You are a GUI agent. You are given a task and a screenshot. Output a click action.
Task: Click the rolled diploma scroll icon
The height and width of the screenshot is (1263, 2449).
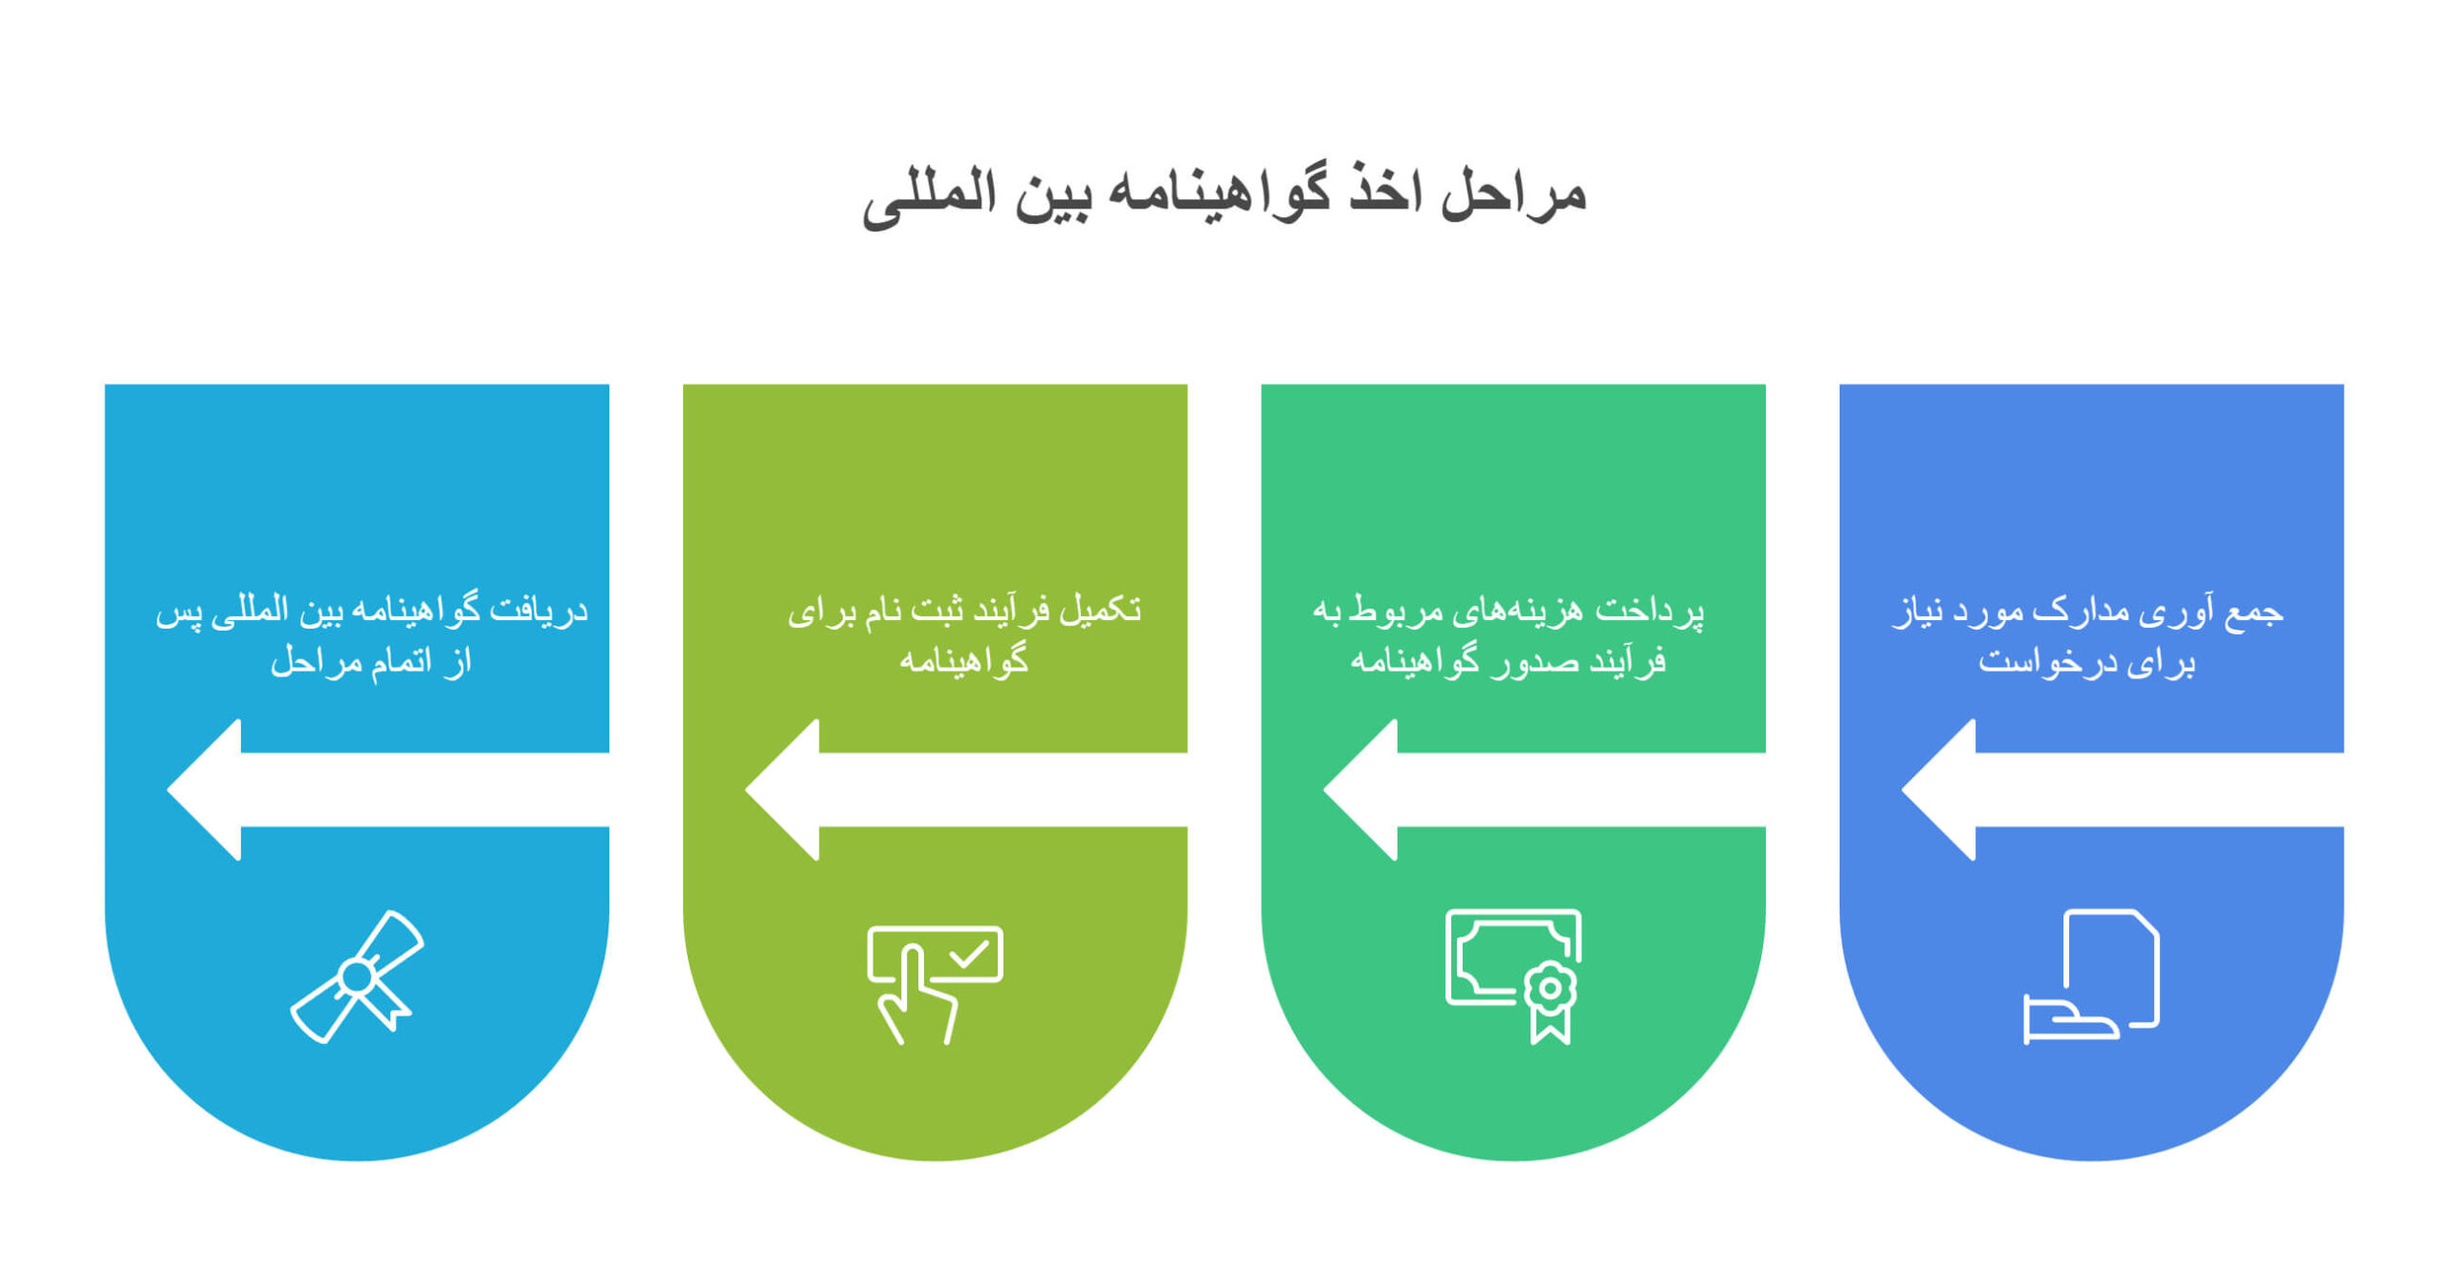coord(357,976)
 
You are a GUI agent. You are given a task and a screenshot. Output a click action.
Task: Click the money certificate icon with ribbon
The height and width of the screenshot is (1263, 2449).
coord(1512,974)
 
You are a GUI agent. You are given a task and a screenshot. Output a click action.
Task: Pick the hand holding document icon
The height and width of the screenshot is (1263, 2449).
coord(2090,976)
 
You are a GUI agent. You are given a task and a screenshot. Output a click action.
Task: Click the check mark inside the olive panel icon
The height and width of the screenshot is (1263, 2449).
coord(968,954)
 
